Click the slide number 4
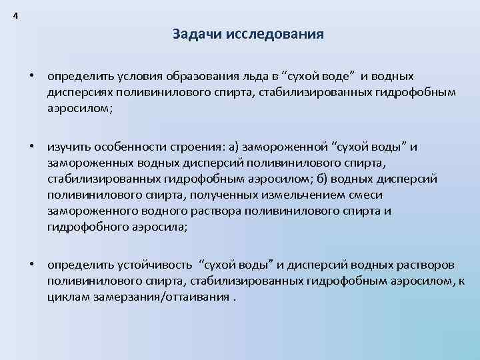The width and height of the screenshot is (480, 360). [15, 16]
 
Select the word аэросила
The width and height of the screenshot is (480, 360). [159, 227]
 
